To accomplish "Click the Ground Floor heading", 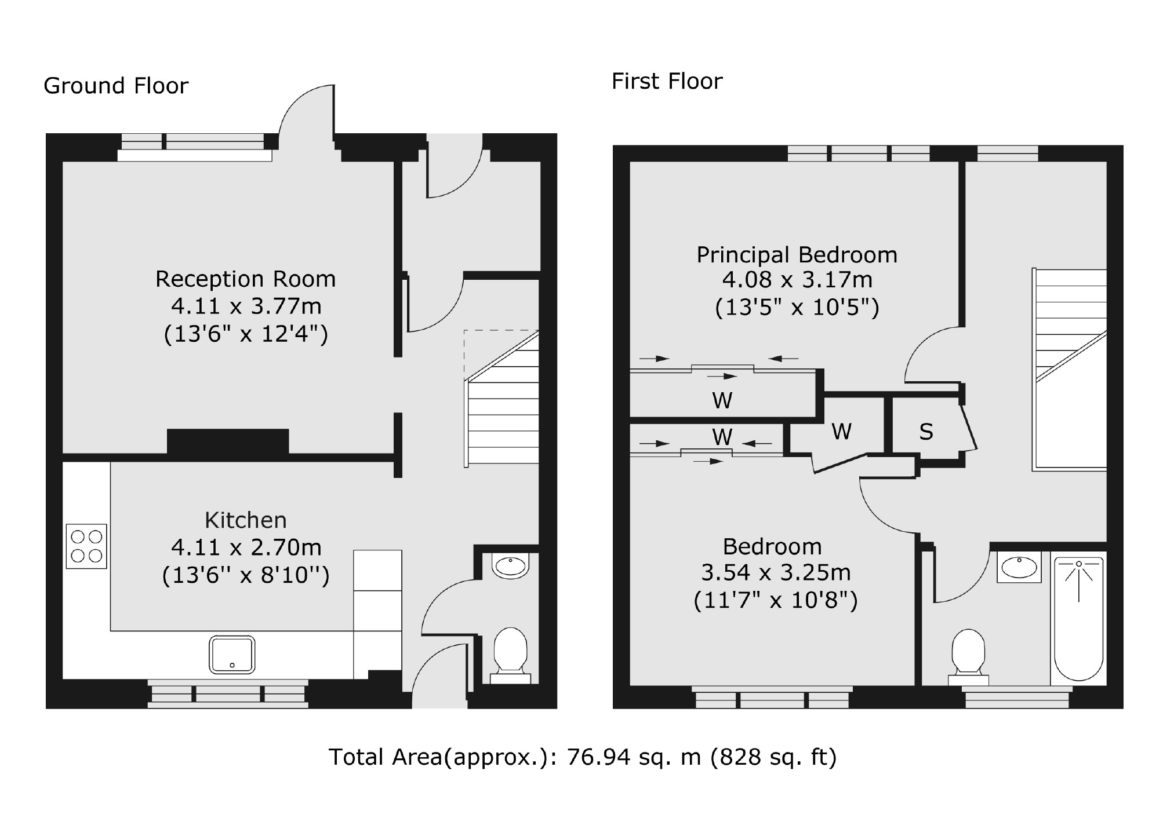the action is pyautogui.click(x=116, y=86).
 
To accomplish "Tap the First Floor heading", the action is pyautogui.click(x=667, y=81).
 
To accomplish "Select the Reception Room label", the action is pyautogui.click(x=245, y=279).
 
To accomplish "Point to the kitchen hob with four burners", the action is pyautogui.click(x=86, y=546).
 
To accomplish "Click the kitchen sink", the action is pyautogui.click(x=232, y=655).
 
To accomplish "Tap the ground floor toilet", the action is pyautogui.click(x=510, y=655).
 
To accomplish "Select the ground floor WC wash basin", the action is pyautogui.click(x=510, y=565).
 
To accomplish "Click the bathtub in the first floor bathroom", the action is pyautogui.click(x=1078, y=619).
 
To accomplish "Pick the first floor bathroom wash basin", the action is pyautogui.click(x=1019, y=567).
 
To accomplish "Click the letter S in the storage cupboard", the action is pyautogui.click(x=926, y=432).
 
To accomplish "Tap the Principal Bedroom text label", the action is pyautogui.click(x=797, y=255).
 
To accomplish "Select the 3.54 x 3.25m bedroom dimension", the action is pyautogui.click(x=776, y=572).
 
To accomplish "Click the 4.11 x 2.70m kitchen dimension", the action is pyautogui.click(x=246, y=547).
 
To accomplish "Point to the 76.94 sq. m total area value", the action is pyautogui.click(x=634, y=757).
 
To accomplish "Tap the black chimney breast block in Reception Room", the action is pyautogui.click(x=228, y=441).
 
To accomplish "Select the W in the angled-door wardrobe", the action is pyautogui.click(x=841, y=431).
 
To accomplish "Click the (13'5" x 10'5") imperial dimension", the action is pyautogui.click(x=797, y=306).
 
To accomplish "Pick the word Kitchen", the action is pyautogui.click(x=246, y=520).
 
